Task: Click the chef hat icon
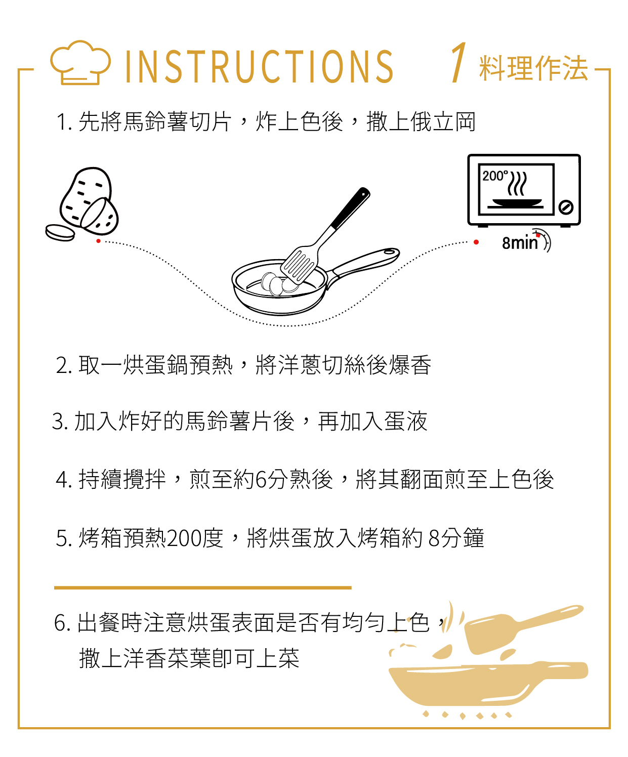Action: [x=80, y=63]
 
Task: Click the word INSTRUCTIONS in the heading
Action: [x=259, y=66]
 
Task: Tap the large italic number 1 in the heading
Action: [x=458, y=62]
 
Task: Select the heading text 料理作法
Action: [x=533, y=68]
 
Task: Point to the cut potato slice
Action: [x=60, y=232]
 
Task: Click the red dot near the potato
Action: [x=98, y=241]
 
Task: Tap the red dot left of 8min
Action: [x=476, y=242]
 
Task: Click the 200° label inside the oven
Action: [x=493, y=176]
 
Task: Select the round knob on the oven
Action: [x=566, y=207]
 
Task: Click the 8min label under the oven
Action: [x=520, y=243]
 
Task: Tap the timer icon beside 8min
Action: [x=543, y=240]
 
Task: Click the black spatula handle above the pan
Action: [x=350, y=208]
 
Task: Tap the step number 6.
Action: [x=60, y=623]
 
